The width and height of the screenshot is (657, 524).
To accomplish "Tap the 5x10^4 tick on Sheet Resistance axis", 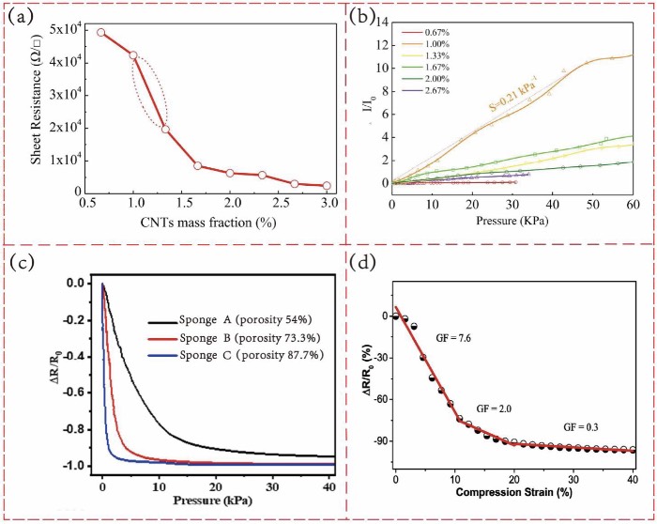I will [x=64, y=32].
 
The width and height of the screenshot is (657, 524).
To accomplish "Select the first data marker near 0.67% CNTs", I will [x=100, y=32].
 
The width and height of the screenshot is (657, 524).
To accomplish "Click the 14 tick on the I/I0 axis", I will [x=382, y=20].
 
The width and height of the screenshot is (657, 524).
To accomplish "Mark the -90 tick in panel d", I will [x=377, y=440].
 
